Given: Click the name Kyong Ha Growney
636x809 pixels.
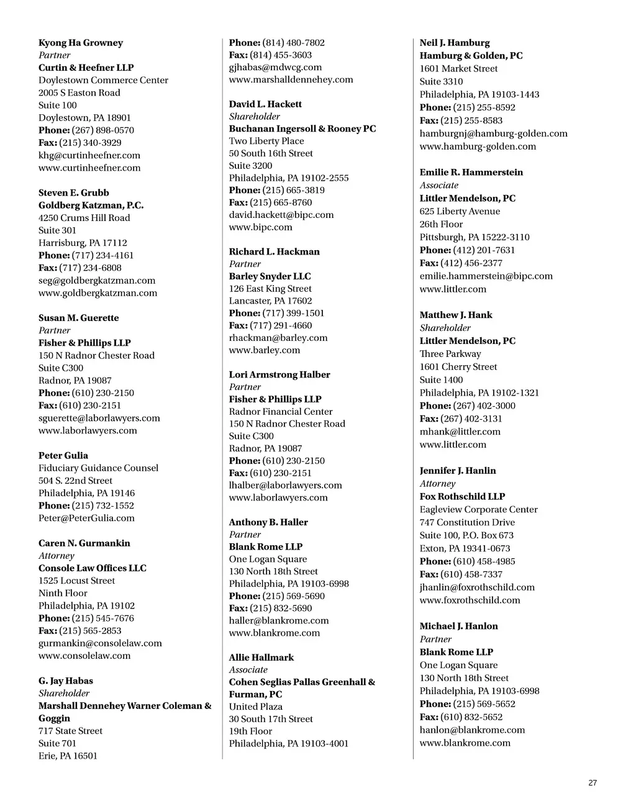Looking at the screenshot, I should coord(81,43).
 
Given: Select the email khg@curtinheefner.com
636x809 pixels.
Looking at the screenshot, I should coord(89,155).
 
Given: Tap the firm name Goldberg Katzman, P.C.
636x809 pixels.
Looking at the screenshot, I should coord(91,205).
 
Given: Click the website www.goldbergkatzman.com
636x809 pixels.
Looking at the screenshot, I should coord(98,293).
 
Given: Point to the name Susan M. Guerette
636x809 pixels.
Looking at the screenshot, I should coord(78,318).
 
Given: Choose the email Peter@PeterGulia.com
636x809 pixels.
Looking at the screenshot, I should coord(86,518).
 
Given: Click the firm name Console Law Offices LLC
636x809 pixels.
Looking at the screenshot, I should coord(93,568).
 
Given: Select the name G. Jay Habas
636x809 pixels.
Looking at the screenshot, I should coord(66,680).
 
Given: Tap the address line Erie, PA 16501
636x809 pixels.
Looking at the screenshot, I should coord(68,756).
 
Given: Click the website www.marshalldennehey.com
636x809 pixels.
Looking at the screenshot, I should coord(291,79).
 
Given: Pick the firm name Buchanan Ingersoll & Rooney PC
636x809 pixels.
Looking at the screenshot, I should coord(302,129).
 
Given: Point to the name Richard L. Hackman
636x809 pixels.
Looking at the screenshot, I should coord(275,251).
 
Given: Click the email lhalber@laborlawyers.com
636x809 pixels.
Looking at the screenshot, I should coord(285,485).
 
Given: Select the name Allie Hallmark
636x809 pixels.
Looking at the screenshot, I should coord(261,657).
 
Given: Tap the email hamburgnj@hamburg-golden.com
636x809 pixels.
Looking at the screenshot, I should coord(493,133).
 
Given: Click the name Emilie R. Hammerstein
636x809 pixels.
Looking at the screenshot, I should coord(471,172).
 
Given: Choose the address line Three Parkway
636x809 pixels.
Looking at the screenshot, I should coord(450,354).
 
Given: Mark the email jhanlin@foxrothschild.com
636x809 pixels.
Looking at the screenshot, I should coord(477,587).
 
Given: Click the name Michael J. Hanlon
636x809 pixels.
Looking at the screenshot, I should coord(458,626).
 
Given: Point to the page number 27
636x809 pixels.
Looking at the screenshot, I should coord(593,783).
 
